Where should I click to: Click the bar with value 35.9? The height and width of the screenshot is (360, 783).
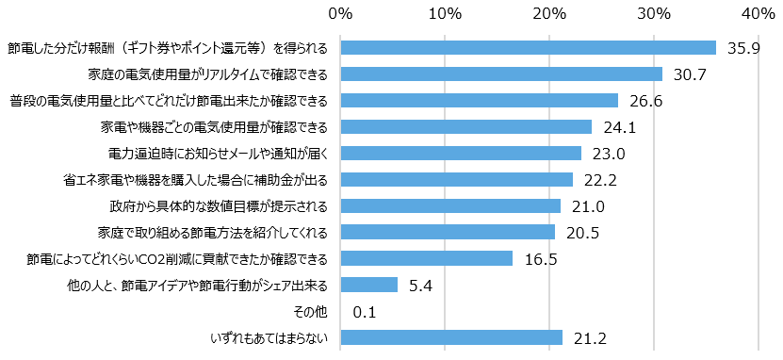click(x=528, y=48)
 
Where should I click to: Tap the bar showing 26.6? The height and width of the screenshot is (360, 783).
click(x=479, y=101)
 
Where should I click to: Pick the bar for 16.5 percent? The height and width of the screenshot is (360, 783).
click(x=426, y=258)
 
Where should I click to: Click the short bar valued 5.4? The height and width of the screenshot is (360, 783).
click(x=368, y=285)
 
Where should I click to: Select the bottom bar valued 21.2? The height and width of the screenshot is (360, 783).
click(x=450, y=337)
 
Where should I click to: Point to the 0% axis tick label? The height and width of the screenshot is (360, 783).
click(x=340, y=15)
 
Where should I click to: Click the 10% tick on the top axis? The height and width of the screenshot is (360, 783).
click(x=445, y=15)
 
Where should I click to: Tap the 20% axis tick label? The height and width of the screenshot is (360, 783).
click(x=549, y=15)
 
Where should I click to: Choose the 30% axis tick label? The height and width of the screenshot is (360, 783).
click(x=654, y=15)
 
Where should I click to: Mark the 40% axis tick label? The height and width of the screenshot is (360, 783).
click(x=759, y=15)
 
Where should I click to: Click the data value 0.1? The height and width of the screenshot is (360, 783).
click(x=365, y=311)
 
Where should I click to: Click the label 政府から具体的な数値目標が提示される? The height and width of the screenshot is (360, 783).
click(x=219, y=205)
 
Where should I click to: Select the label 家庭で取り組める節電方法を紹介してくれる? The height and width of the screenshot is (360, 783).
click(x=213, y=232)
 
